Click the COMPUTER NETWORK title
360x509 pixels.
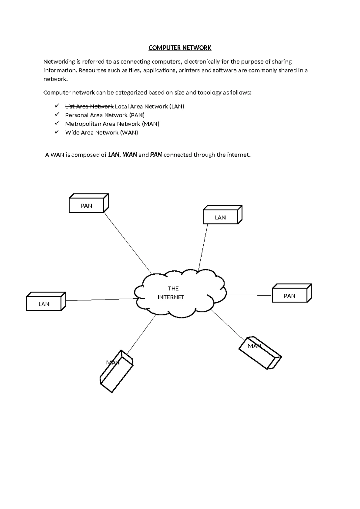tap(180, 48)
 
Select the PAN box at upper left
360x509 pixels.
tap(87, 206)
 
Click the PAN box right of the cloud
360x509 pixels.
tap(289, 296)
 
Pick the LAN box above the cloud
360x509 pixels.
tap(220, 217)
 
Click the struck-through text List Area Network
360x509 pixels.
tap(89, 107)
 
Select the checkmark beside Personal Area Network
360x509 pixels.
tap(57, 115)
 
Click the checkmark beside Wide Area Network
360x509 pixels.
tap(57, 132)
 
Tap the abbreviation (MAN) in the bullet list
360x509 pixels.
tap(151, 124)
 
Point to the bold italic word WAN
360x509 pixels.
tap(130, 155)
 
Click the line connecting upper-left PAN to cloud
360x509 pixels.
tap(127, 242)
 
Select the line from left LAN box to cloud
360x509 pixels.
tap(100, 300)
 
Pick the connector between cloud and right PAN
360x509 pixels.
tap(249, 295)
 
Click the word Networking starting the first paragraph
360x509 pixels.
tap(59, 62)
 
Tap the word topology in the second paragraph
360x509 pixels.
tap(209, 92)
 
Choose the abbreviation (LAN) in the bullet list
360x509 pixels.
tap(177, 107)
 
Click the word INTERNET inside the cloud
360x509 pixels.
tap(171, 297)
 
